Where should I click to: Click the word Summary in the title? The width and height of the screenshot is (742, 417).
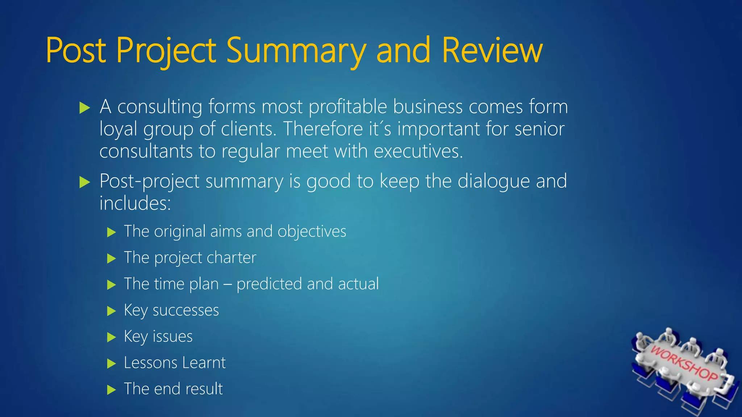[296, 51]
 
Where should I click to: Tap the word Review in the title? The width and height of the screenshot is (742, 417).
[492, 51]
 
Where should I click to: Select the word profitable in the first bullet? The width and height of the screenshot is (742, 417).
[348, 107]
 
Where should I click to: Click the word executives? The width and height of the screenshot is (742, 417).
[418, 151]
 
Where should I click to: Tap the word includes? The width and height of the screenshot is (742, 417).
[135, 203]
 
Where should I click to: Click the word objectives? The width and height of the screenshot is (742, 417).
[312, 232]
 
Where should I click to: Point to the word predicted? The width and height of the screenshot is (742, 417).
[269, 284]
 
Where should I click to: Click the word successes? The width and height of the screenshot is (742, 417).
[185, 311]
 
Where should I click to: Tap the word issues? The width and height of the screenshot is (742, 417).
[172, 337]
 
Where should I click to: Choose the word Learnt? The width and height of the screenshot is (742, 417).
[204, 363]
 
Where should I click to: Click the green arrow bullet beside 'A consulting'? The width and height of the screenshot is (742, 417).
[84, 108]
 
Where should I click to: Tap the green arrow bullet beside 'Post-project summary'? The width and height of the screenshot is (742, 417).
[84, 182]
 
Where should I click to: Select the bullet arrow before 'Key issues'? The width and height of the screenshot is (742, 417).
[111, 337]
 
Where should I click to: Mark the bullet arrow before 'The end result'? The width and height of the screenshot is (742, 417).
[111, 390]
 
